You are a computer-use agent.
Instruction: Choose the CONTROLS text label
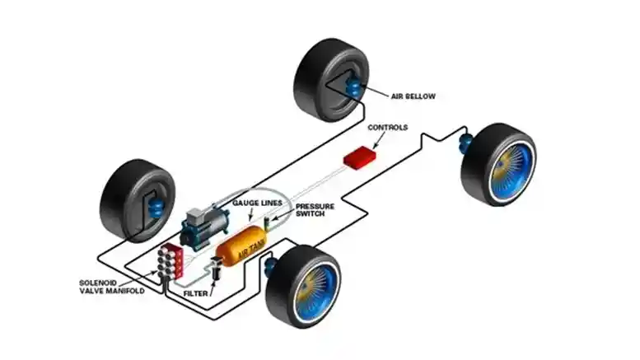pyautogui.click(x=387, y=128)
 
